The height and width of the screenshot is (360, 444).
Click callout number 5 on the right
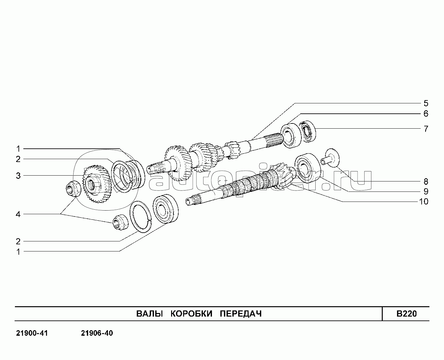pos(426,104)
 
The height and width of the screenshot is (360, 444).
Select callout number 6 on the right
pos(426,114)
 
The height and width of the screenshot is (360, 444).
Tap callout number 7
pos(426,129)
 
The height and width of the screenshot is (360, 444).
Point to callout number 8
pos(426,181)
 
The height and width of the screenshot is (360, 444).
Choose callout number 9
pos(426,191)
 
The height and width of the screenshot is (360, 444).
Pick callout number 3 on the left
pos(18,176)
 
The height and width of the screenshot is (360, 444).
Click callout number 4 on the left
pos(18,214)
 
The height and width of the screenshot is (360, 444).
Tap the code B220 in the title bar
pos(406,314)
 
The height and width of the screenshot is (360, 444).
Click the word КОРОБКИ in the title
pos(192,314)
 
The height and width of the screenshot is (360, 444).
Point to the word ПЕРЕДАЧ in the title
pos(240,314)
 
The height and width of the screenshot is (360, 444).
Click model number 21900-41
pos(32,333)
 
